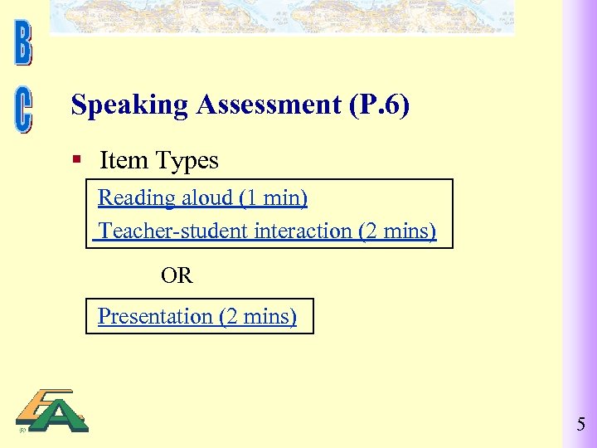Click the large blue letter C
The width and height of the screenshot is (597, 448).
coord(23,111)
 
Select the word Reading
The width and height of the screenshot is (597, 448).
coord(136,198)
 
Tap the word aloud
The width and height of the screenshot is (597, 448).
coord(206,198)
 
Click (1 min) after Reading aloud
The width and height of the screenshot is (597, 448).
coord(273,198)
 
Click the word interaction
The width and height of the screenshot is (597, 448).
coord(303,231)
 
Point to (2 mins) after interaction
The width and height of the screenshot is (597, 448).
coord(397,231)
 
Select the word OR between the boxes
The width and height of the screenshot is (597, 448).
coord(177,275)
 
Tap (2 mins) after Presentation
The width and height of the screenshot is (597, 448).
coord(257,316)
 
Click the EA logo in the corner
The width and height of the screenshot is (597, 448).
coord(51,411)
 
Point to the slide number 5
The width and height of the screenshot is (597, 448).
coord(580,426)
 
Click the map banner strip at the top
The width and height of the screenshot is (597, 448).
coord(282,17)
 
